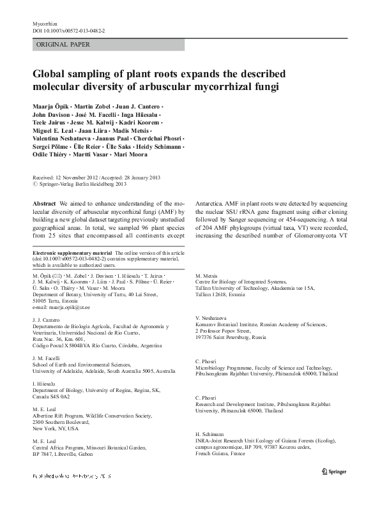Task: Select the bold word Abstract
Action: (45, 202)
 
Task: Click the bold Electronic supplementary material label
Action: (72, 253)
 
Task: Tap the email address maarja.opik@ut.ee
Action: (66, 306)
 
